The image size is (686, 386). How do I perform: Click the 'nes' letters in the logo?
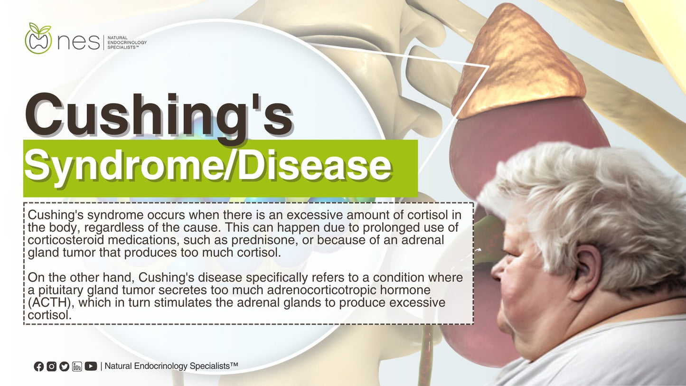78,42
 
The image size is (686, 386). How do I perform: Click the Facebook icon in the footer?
39,366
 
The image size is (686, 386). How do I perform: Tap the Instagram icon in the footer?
51,366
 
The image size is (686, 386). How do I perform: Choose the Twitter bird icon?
64,366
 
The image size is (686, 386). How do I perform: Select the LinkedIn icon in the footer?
77,366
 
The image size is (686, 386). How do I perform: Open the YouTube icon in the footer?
91,366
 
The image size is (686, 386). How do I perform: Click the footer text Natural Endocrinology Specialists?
171,366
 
